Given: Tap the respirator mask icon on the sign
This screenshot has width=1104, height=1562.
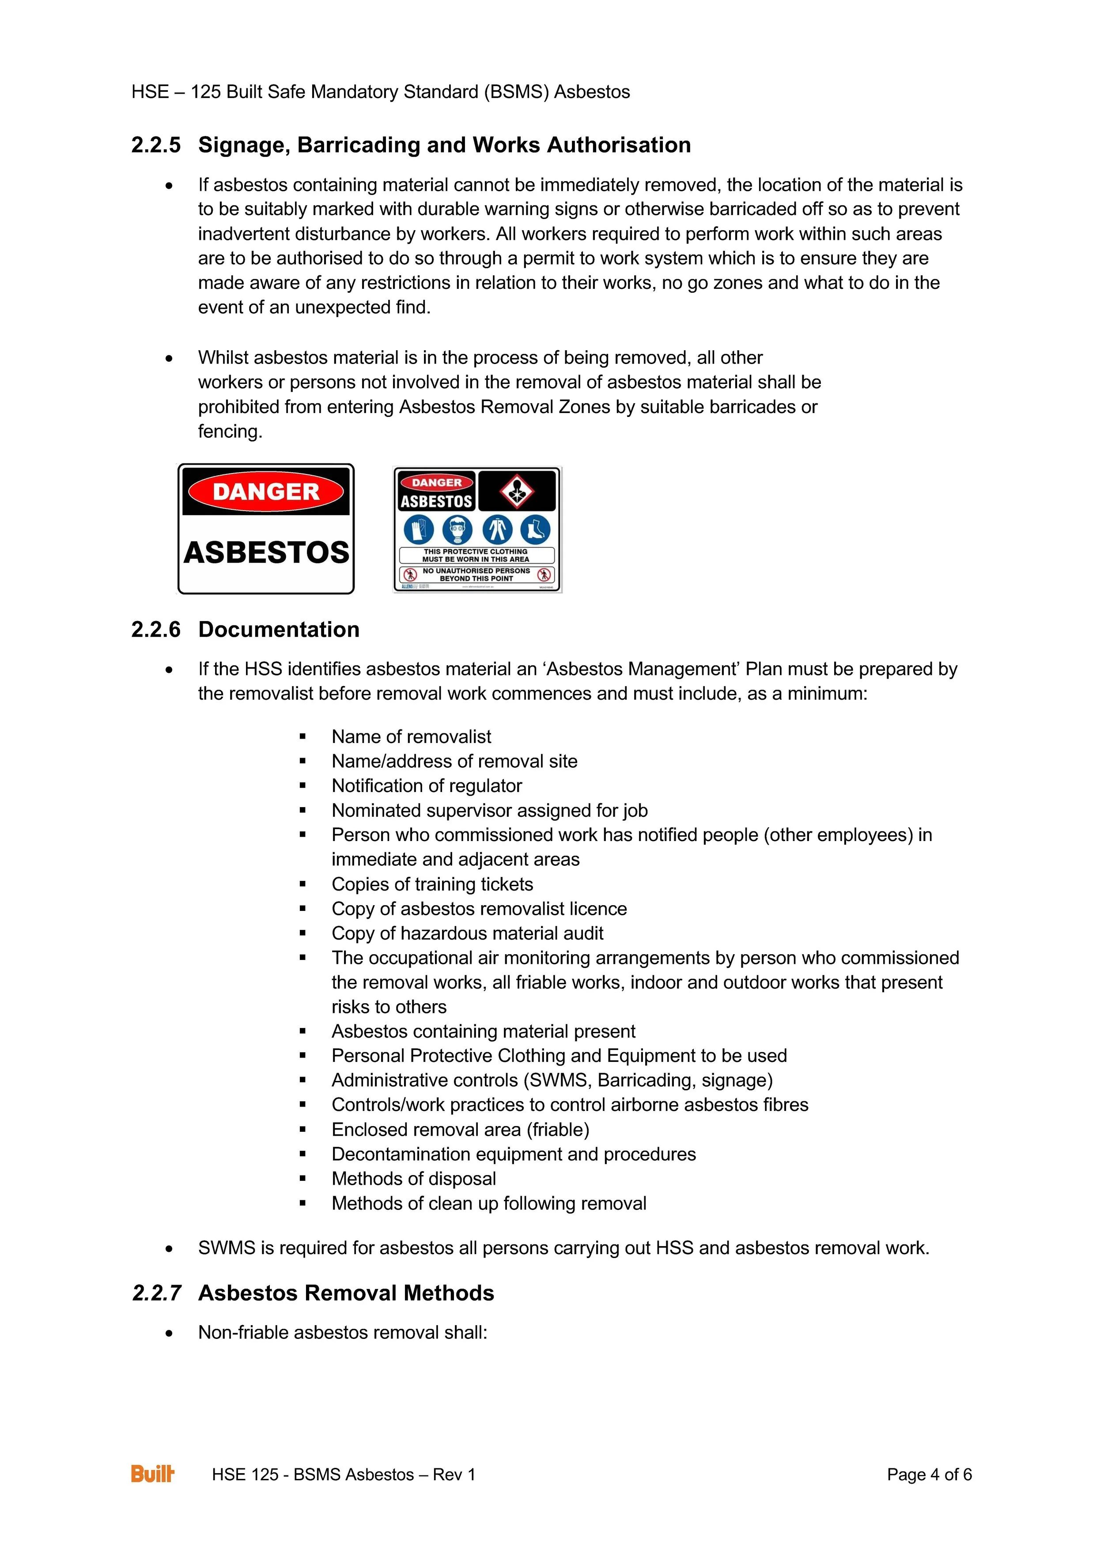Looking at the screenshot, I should pyautogui.click(x=458, y=529).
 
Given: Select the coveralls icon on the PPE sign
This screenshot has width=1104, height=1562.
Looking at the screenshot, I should pyautogui.click(x=497, y=529).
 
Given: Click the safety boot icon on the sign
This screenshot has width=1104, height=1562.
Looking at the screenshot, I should pyautogui.click(x=535, y=529).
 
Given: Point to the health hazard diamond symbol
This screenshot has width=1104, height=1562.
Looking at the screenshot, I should pyautogui.click(x=517, y=490).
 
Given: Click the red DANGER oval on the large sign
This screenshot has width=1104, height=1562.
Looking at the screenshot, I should pyautogui.click(x=266, y=491).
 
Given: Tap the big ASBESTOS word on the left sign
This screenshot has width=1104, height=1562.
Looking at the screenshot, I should pyautogui.click(x=266, y=553).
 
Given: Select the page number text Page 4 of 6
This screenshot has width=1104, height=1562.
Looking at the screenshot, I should pyautogui.click(x=929, y=1474).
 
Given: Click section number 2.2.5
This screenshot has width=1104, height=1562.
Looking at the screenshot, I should pyautogui.click(x=156, y=145).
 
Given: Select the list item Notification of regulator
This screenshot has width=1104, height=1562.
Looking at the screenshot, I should pyautogui.click(x=427, y=786).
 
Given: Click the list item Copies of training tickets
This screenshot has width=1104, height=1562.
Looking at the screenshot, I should pyautogui.click(x=432, y=884).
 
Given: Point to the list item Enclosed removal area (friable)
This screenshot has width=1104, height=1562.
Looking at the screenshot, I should pyautogui.click(x=460, y=1130).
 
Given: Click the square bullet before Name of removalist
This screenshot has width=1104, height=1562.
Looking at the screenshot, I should pyautogui.click(x=302, y=737).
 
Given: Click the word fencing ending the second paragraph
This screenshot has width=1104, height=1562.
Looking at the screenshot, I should pyautogui.click(x=229, y=431).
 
